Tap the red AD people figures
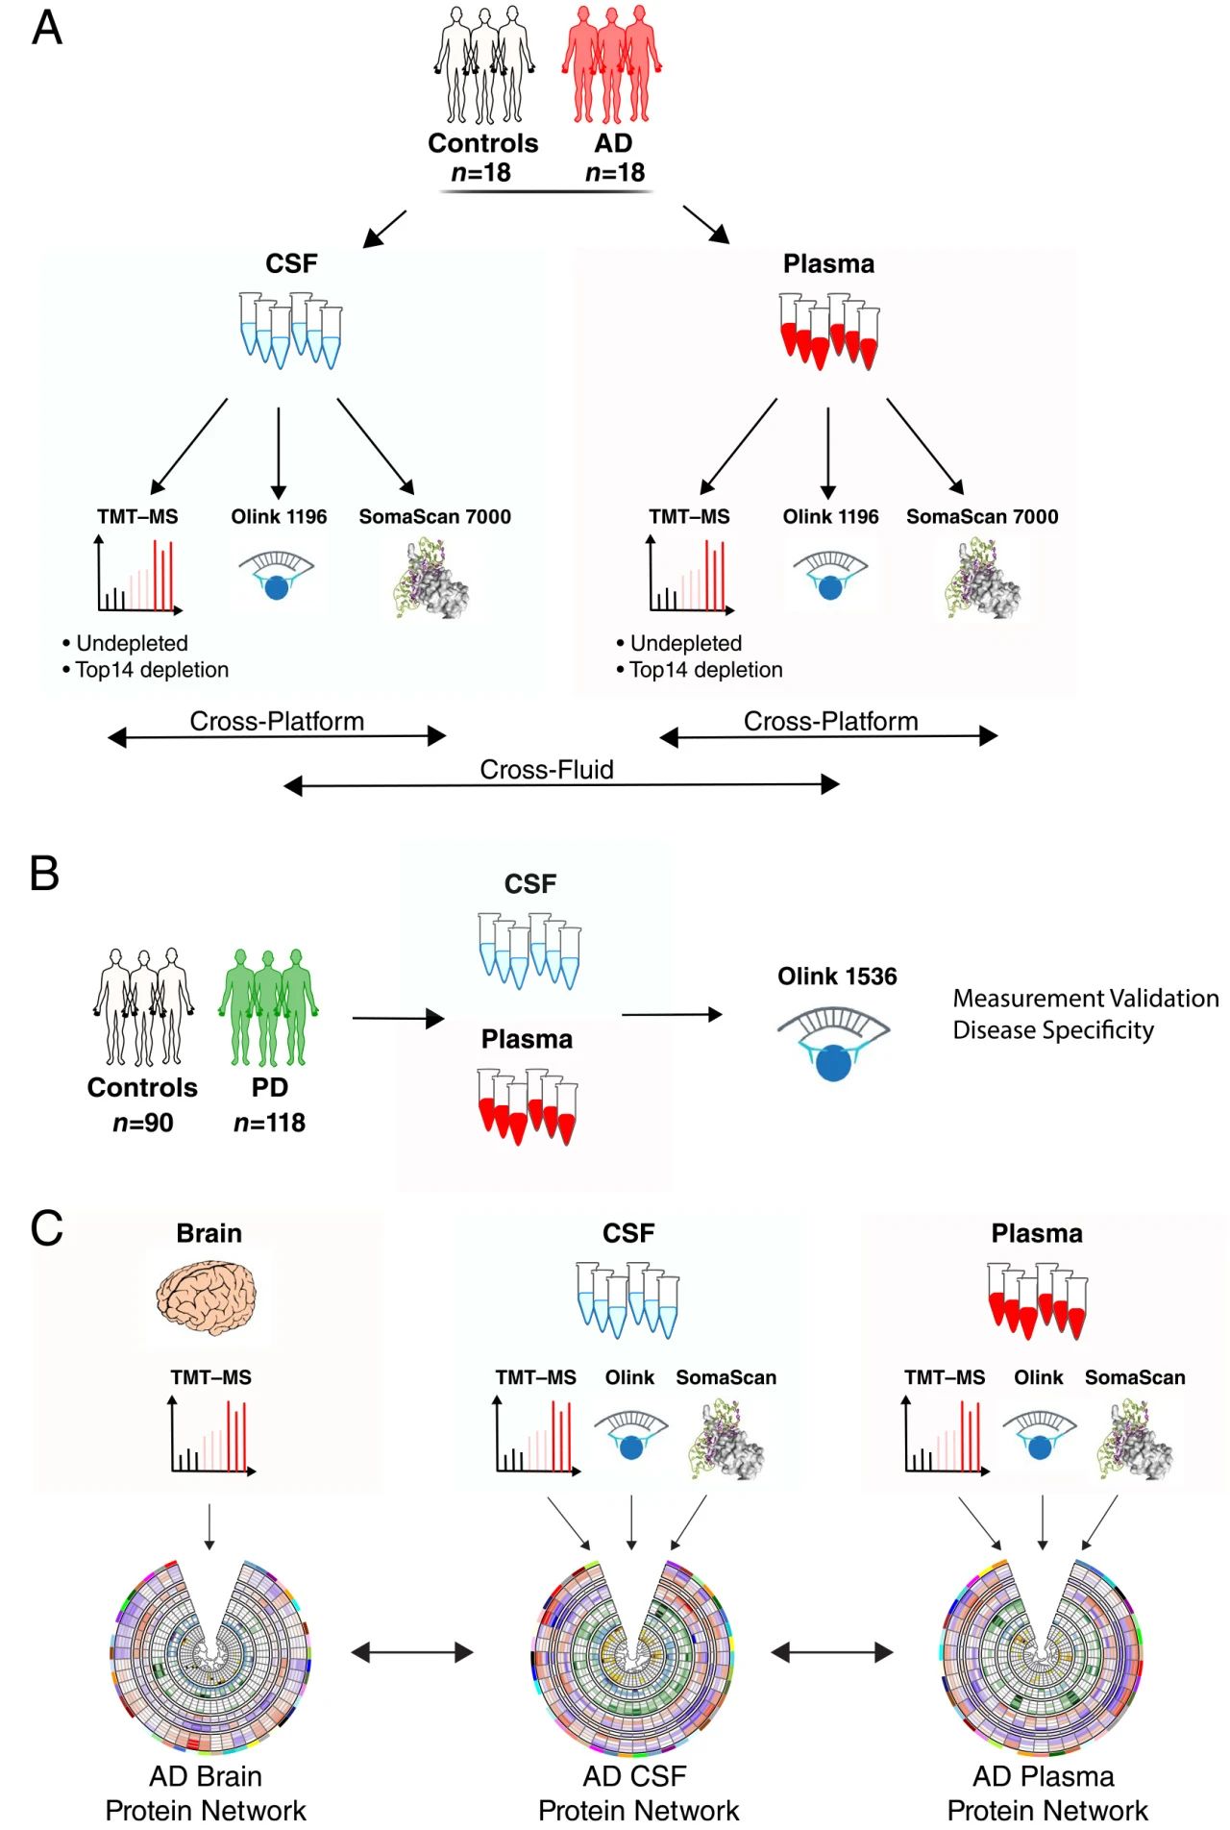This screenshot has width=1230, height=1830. click(x=612, y=65)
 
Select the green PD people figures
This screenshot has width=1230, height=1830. click(x=268, y=1007)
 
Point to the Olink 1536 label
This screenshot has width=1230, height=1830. click(x=837, y=977)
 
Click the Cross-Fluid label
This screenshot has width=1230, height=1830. click(x=546, y=770)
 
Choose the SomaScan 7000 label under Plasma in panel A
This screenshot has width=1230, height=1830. click(x=981, y=517)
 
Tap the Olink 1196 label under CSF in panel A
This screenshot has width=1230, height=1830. click(x=279, y=517)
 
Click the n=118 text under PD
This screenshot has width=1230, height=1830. click(x=269, y=1123)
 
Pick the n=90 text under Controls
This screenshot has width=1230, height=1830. click(x=143, y=1123)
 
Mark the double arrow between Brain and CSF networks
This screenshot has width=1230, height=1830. click(x=412, y=1652)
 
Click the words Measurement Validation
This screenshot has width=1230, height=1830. click(x=1085, y=999)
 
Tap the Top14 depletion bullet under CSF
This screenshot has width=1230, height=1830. click(x=151, y=670)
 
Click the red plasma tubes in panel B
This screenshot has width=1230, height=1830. click(x=528, y=1106)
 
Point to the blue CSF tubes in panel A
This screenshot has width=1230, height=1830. click(x=290, y=331)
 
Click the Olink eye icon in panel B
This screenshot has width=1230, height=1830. click(x=833, y=1044)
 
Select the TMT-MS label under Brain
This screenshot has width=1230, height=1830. click(x=210, y=1377)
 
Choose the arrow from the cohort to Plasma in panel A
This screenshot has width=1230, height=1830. click(x=706, y=225)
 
